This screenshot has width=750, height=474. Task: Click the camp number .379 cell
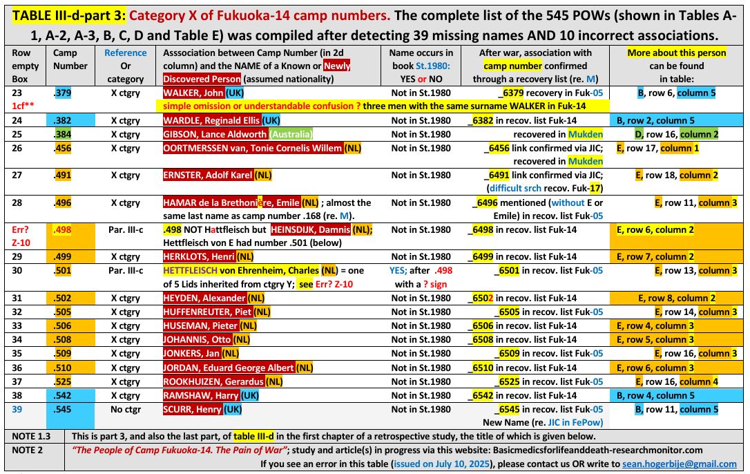64,91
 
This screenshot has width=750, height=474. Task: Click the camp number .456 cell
64,148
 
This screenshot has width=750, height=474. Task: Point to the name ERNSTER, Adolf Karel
208,176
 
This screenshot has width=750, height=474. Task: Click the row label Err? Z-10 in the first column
23,236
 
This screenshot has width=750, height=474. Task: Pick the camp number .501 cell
64,271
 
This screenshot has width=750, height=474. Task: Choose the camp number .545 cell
64,409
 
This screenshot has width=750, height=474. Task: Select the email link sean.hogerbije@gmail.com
680,464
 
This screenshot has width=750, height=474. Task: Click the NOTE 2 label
27,450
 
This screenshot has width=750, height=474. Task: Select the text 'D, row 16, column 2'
677,134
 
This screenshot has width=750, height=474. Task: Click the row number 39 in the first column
17,409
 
